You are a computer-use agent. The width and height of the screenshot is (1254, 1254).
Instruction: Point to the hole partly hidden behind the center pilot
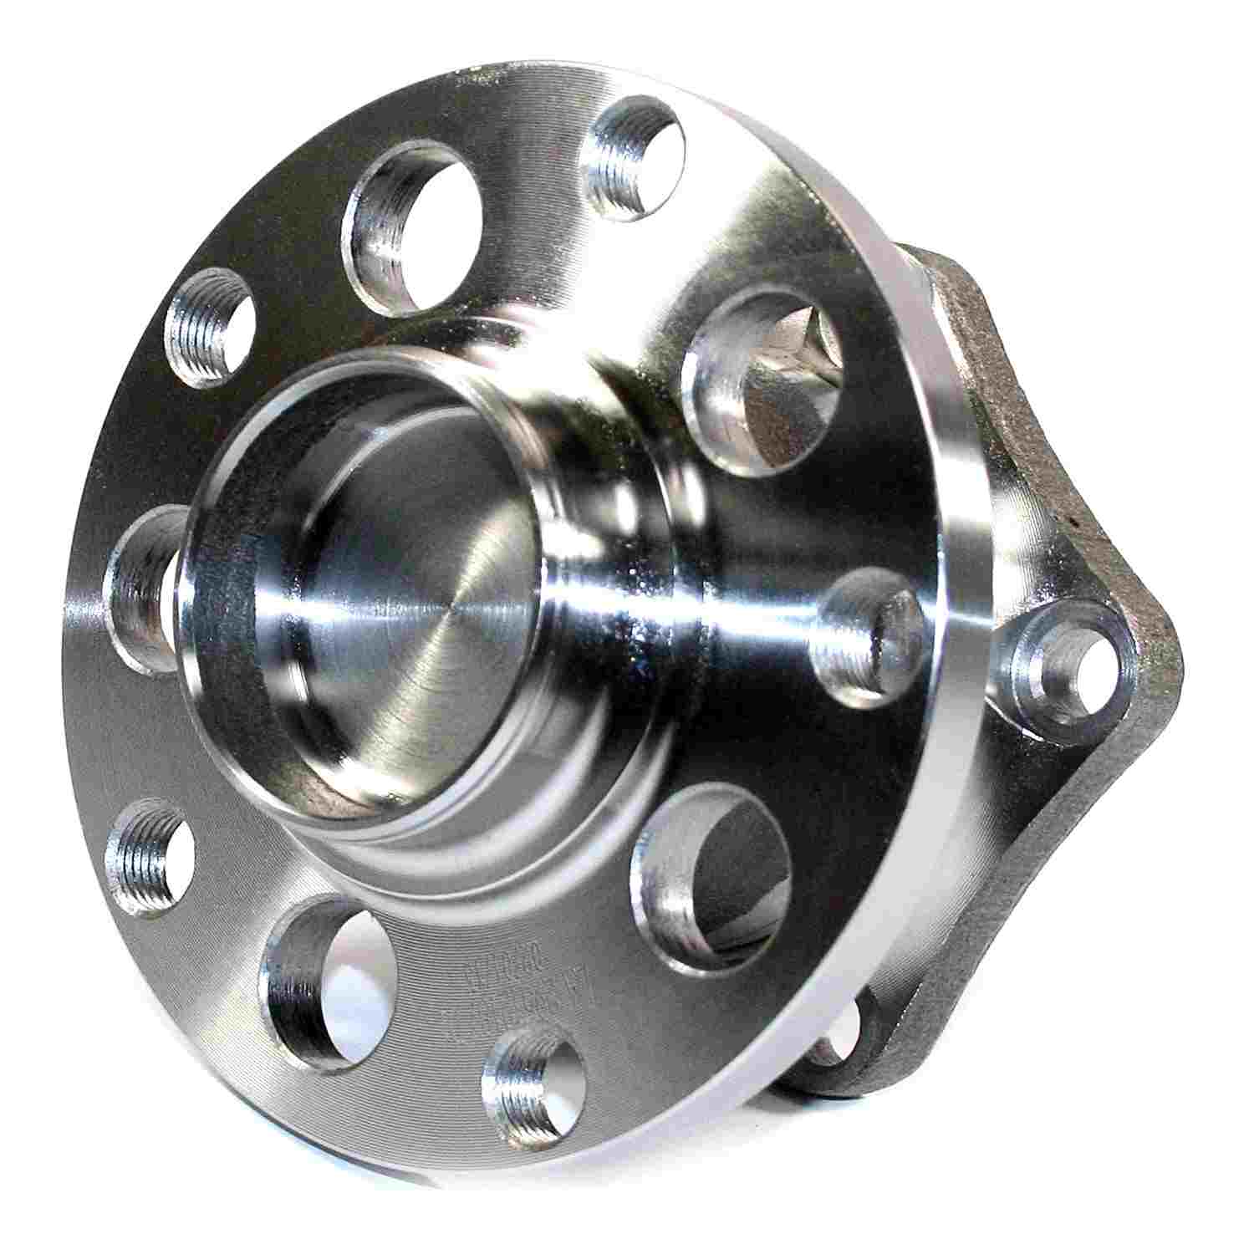tap(142, 585)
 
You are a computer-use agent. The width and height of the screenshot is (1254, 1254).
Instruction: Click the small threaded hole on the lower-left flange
tap(150, 857)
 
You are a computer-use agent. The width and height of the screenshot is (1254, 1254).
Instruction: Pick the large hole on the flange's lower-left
tap(322, 970)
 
